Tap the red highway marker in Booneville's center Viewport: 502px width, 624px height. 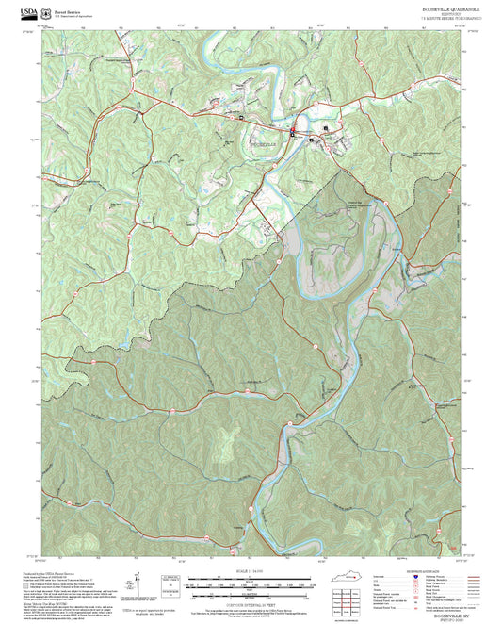[293, 130]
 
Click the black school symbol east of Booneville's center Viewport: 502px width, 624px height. [327, 127]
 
